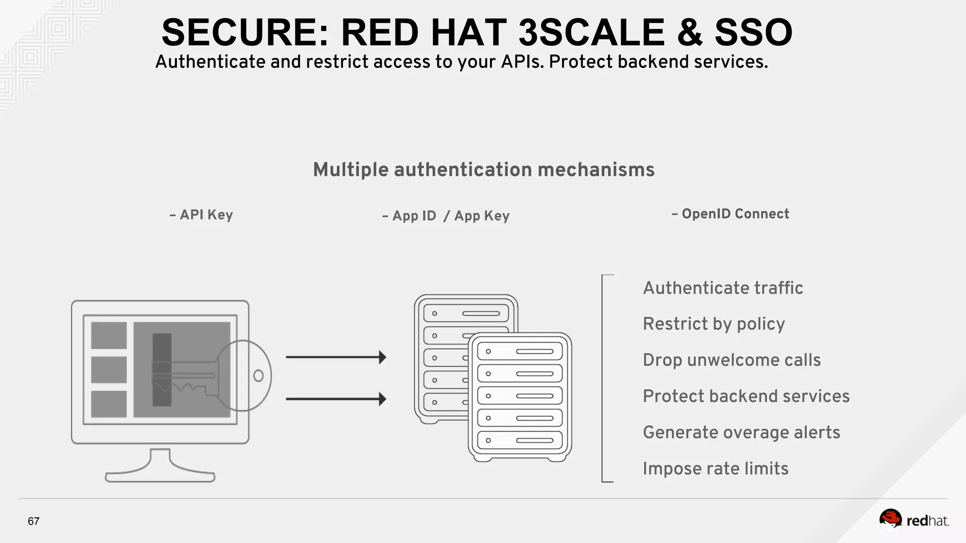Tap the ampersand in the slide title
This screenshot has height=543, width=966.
689,33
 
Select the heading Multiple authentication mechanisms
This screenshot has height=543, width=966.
483,170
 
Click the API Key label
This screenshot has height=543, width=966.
201,215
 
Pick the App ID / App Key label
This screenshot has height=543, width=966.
446,216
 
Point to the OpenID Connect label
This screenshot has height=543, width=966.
730,214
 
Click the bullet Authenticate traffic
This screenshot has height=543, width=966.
723,288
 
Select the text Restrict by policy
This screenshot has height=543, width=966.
714,324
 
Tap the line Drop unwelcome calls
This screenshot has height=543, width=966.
732,360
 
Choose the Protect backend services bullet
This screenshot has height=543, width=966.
746,396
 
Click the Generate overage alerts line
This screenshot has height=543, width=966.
741,433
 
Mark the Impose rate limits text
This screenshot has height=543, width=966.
715,469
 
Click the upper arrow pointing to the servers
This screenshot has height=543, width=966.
336,357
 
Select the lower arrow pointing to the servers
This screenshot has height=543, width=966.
336,399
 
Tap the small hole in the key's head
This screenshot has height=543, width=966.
258,376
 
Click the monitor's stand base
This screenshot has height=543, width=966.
160,477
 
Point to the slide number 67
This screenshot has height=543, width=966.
33,521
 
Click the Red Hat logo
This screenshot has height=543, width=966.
914,520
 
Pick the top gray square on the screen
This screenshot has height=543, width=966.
108,335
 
